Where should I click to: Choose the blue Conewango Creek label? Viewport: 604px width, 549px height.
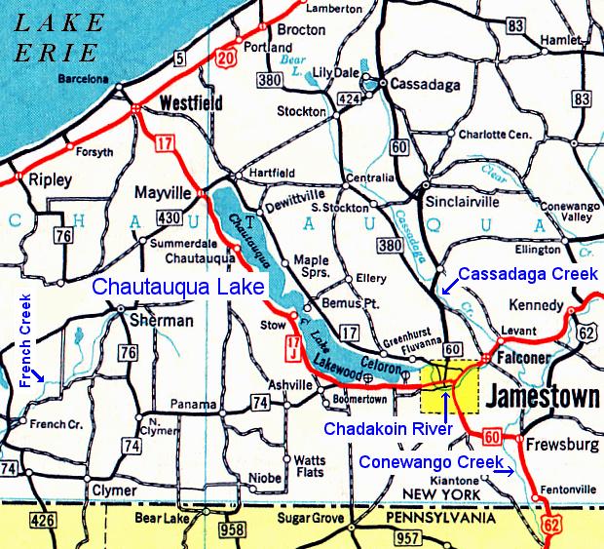point(432,462)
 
